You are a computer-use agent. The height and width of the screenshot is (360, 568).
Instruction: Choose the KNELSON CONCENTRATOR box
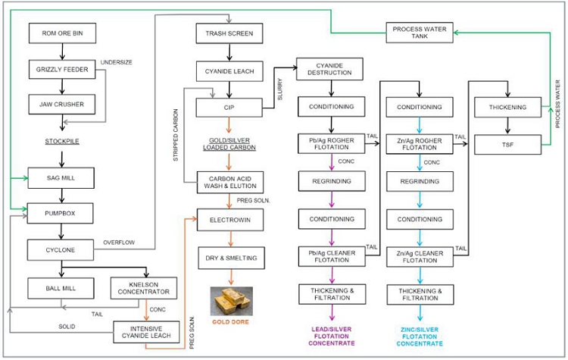point(145,288)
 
